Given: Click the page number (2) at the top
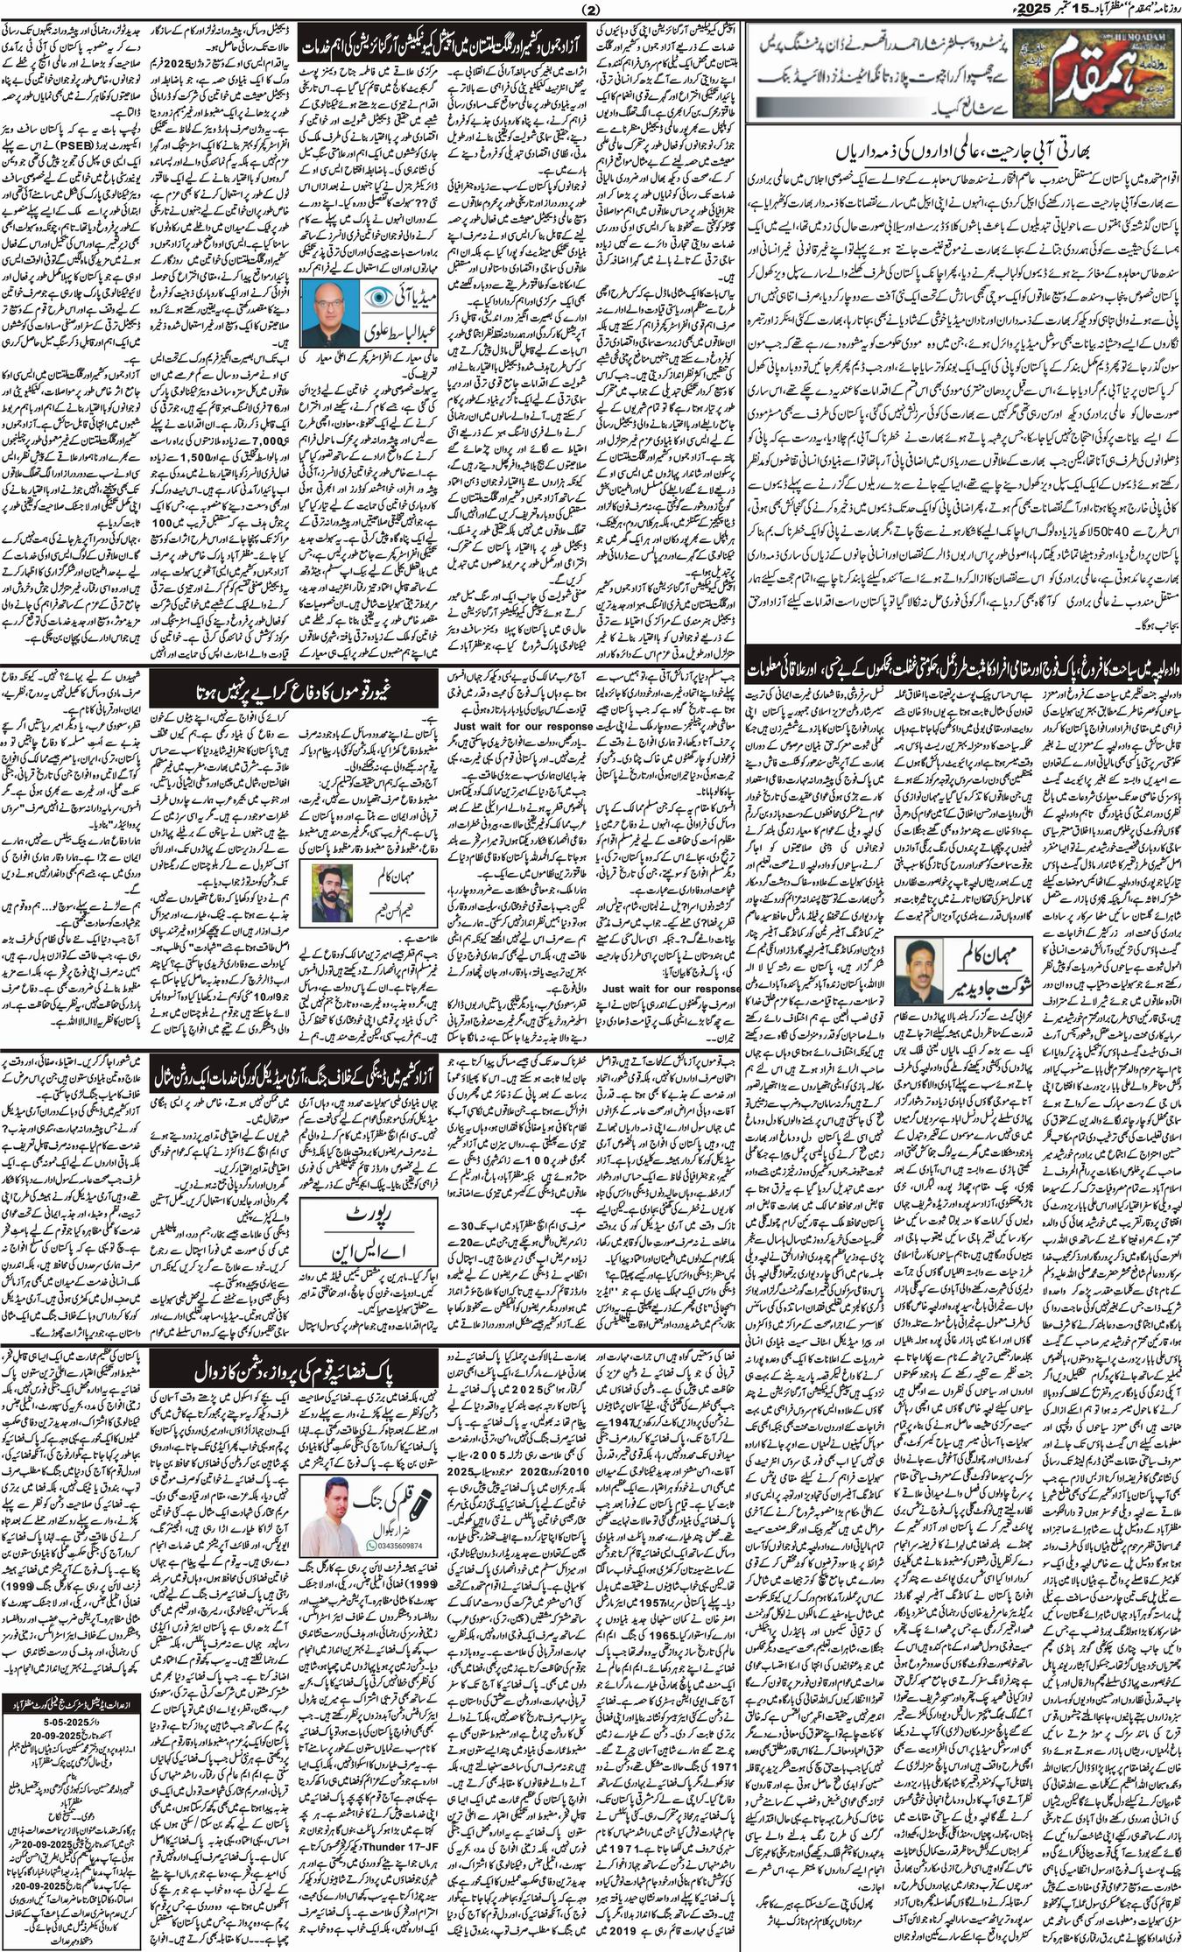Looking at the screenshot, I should [588, 10].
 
